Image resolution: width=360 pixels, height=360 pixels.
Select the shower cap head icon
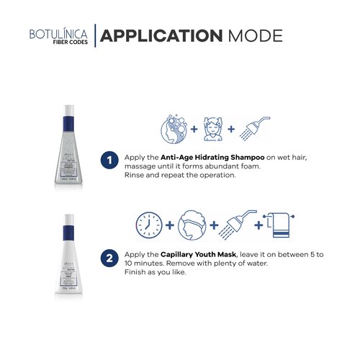(x=191, y=225)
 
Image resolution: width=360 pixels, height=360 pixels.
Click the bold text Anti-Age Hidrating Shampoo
(x=215, y=157)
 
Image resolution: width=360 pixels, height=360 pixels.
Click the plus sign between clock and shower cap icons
(x=170, y=225)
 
